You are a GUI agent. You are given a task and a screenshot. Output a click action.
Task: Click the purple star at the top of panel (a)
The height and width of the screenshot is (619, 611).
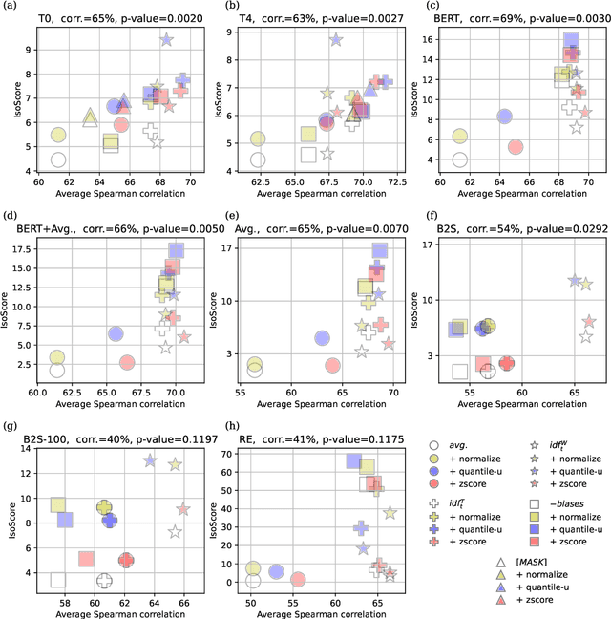(166, 39)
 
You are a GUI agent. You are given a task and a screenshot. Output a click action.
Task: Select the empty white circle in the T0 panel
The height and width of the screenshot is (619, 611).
(58, 160)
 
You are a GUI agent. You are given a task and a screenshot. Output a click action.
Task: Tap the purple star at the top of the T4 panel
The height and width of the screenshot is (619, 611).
(336, 39)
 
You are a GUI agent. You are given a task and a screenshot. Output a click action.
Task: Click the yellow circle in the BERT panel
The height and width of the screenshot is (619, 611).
(459, 137)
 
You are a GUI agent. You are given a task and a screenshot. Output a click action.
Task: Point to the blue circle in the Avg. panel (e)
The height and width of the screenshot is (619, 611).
(323, 337)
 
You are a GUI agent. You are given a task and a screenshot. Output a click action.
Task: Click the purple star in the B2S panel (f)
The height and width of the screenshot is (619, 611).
(575, 281)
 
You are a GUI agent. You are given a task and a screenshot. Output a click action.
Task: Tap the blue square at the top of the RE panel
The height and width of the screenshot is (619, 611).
(353, 461)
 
